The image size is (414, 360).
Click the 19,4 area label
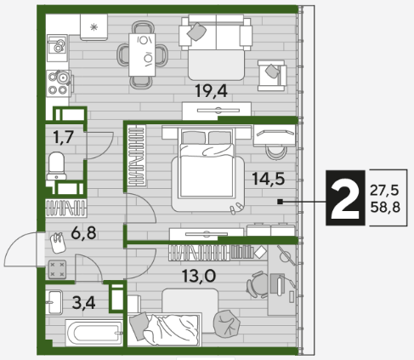click(211, 91)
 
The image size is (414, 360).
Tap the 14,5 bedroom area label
click(268, 179)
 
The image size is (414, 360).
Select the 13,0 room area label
click(199, 276)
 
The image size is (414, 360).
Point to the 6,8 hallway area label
click(83, 233)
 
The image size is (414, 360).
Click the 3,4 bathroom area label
click(83, 303)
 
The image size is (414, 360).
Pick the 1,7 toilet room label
click(64, 137)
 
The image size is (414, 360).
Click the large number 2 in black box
click(345, 198)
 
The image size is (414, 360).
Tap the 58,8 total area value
click(385, 208)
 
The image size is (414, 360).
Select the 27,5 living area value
click(384, 191)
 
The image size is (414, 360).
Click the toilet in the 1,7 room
click(57, 166)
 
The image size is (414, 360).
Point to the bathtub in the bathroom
click(94, 333)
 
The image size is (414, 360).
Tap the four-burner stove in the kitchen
click(59, 83)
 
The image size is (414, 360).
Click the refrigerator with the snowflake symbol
click(94, 27)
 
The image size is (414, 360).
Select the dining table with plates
click(142, 54)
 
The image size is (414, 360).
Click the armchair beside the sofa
click(272, 76)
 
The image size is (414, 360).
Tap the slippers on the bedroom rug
click(235, 208)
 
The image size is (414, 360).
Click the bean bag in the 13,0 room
click(226, 323)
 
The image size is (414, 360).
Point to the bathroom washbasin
click(54, 302)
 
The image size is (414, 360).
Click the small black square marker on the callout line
click(281, 202)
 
